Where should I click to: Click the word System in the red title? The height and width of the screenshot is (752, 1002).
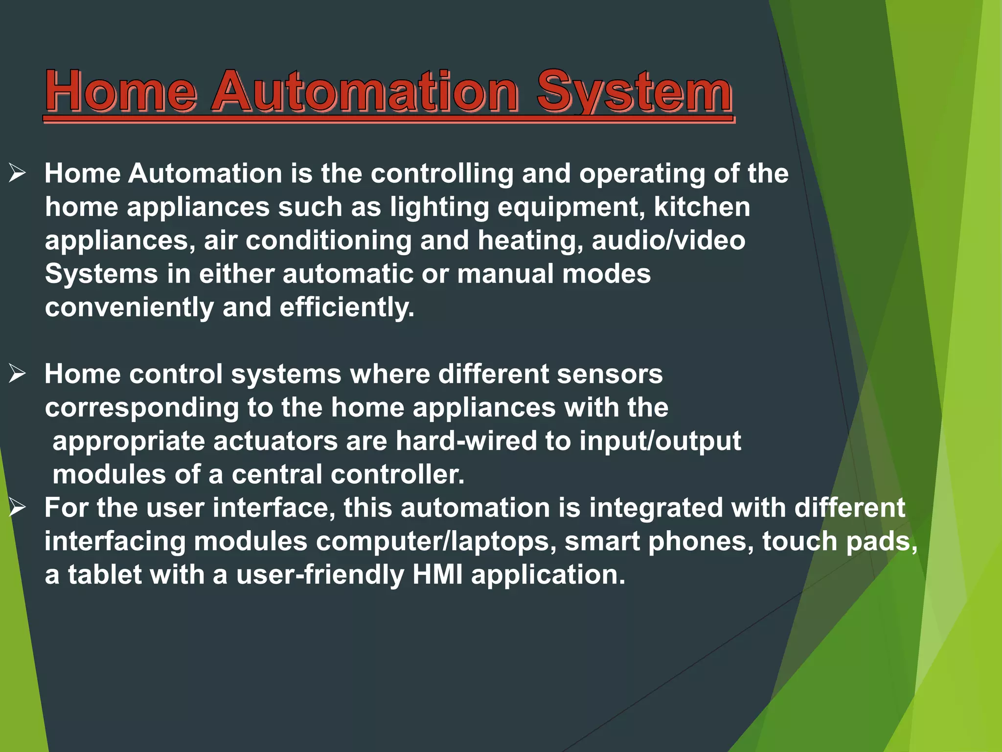point(634,92)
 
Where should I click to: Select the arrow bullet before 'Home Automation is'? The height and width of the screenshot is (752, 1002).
point(17,173)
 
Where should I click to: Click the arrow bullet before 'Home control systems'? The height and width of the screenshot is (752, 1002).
point(17,374)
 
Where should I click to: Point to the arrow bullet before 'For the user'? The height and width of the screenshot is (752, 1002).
point(17,508)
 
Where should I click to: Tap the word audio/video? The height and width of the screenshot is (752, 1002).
point(668,240)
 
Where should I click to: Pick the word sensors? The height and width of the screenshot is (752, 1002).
point(609,374)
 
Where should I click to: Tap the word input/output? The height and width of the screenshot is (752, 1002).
point(660,441)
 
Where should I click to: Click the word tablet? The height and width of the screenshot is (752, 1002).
point(104,574)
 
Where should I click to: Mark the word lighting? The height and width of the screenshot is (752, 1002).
point(439,208)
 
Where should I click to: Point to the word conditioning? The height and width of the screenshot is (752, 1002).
point(328,241)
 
